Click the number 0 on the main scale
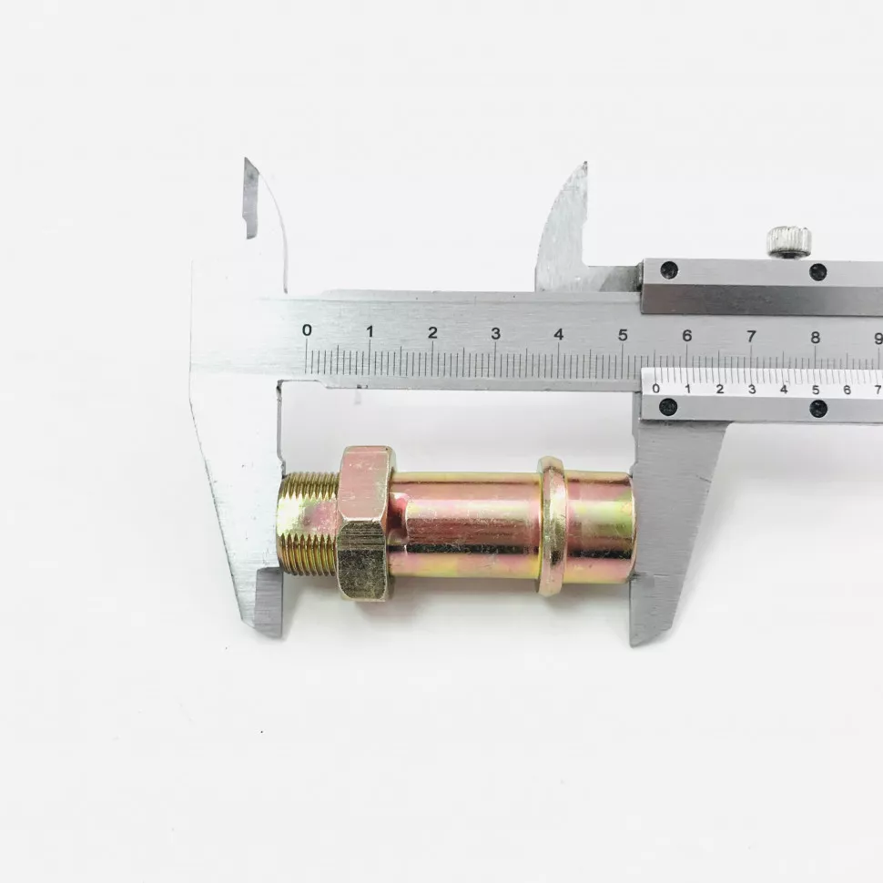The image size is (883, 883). [x=307, y=330]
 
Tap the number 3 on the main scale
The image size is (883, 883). [x=495, y=333]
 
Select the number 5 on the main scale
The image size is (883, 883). [x=623, y=335]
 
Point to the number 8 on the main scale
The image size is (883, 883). [x=816, y=338]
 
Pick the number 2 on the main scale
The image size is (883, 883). [x=432, y=332]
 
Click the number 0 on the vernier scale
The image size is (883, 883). [x=655, y=388]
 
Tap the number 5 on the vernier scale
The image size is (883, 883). [x=816, y=390]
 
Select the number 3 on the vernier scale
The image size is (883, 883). [x=752, y=389]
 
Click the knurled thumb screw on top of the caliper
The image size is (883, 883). [x=789, y=242]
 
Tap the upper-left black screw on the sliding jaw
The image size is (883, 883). [x=669, y=270]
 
